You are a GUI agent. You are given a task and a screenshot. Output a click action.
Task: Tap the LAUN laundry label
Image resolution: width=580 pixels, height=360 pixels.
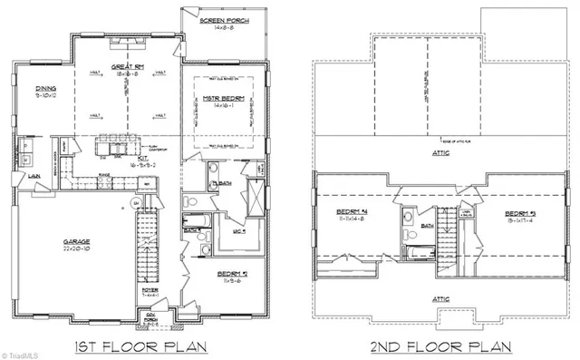coord(32,174)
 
